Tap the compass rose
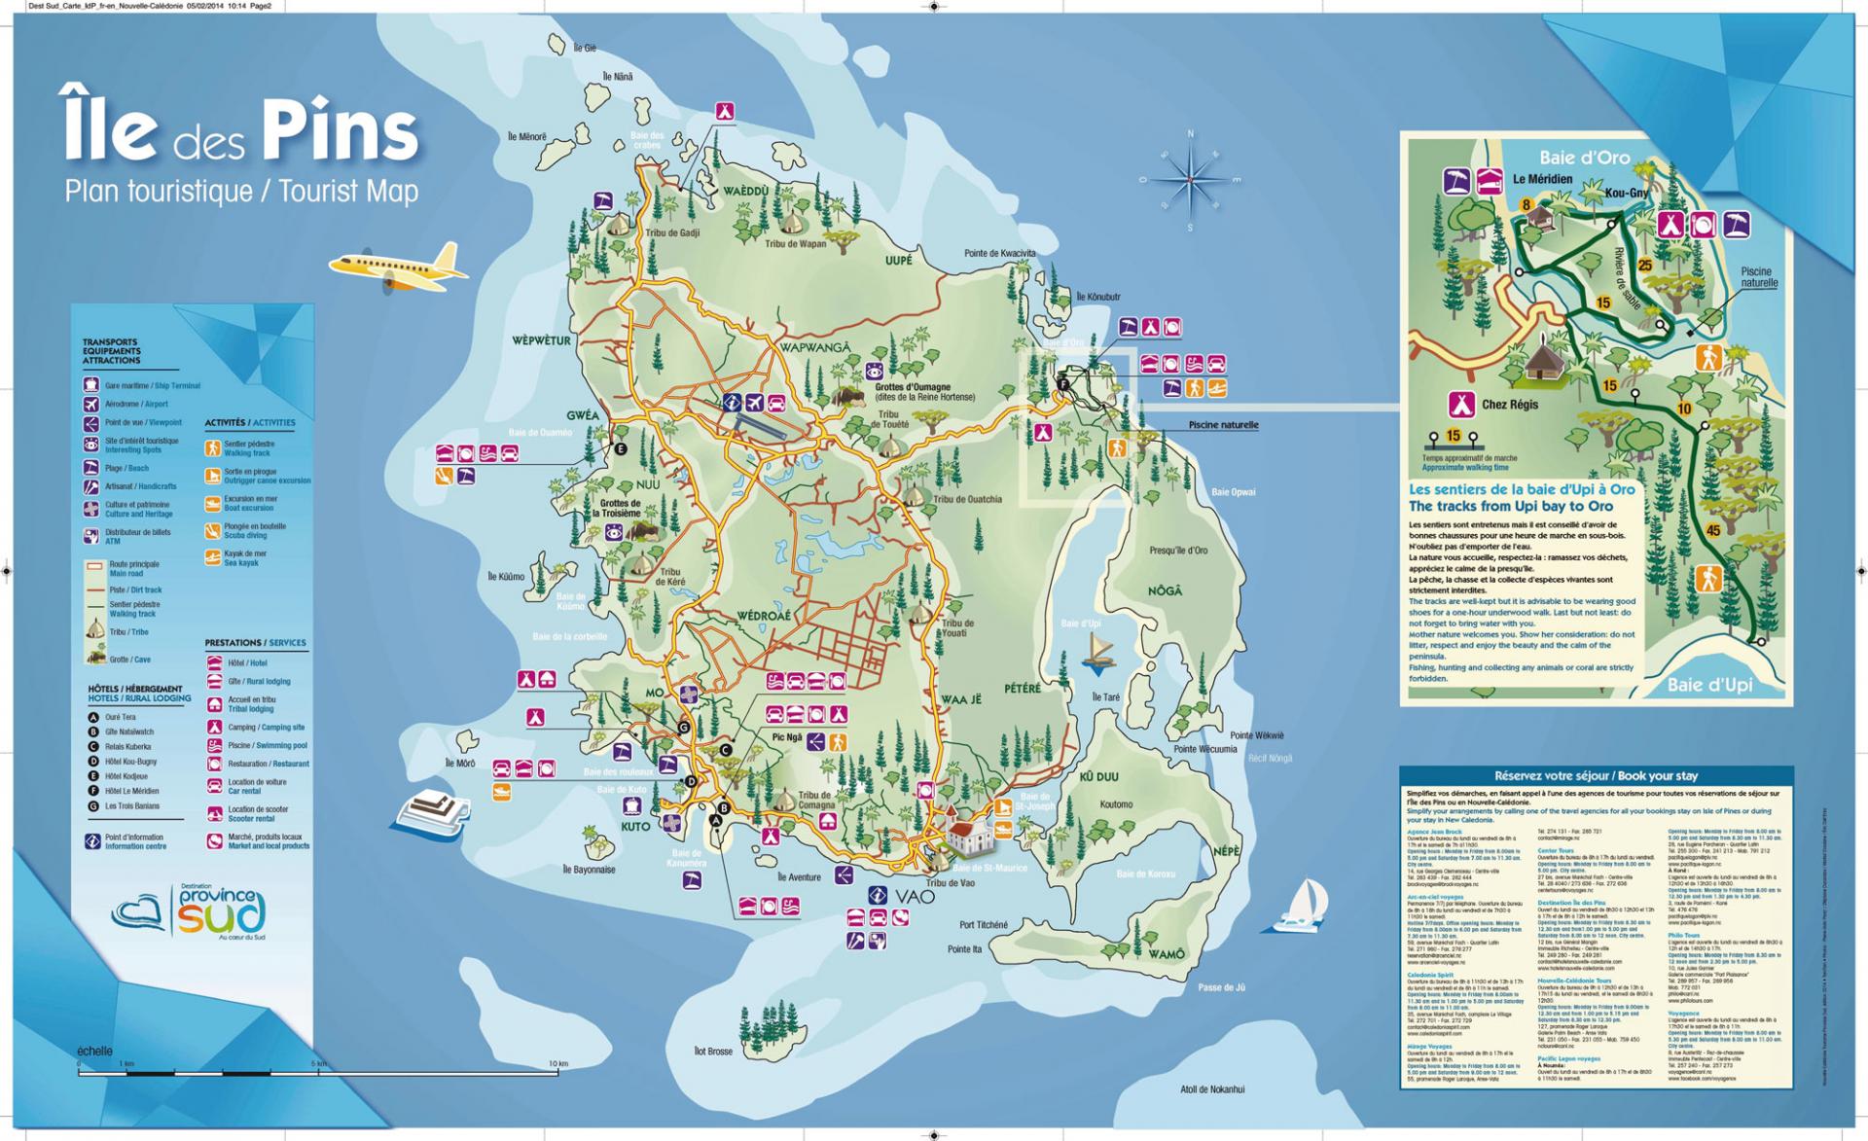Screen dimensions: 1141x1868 click(1190, 180)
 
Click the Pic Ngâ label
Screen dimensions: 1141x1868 click(786, 737)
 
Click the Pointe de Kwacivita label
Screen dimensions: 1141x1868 click(999, 253)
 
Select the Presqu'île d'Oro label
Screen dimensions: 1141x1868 click(1178, 551)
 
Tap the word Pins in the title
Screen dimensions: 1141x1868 click(341, 133)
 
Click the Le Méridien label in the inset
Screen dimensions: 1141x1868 click(1542, 179)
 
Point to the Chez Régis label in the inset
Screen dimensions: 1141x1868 click(1510, 405)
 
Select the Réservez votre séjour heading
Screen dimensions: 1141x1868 click(1596, 775)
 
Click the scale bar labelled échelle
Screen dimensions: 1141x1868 click(321, 1071)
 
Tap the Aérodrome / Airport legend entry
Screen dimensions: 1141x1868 click(136, 404)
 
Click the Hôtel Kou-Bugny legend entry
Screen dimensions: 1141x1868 click(130, 762)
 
